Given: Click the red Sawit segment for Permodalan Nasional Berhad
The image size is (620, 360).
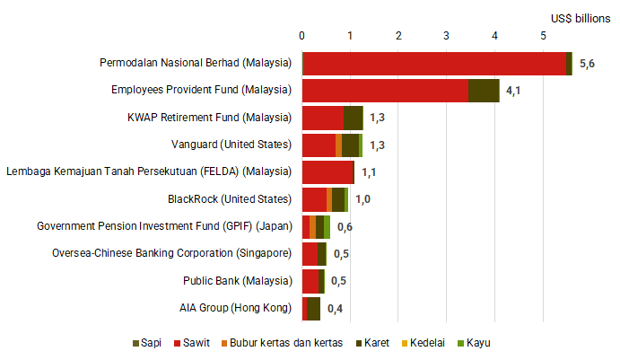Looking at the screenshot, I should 435,64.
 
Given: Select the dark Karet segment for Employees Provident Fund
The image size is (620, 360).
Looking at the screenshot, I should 483,91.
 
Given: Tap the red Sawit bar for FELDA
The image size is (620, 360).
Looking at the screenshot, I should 328,171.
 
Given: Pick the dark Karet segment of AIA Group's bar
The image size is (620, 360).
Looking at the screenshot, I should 313,309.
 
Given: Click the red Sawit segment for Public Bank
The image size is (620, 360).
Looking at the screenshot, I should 310,281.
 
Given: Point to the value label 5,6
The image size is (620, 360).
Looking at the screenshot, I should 588,64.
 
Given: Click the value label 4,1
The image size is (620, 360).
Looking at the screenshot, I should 514,91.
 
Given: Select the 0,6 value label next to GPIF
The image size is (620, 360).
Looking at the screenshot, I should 345,227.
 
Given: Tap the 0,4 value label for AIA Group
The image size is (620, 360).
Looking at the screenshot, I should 335,309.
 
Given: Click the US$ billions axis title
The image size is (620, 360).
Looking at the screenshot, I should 581,17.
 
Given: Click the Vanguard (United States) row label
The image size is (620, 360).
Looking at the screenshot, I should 231,145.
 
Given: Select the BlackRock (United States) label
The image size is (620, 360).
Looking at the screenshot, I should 230,199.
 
